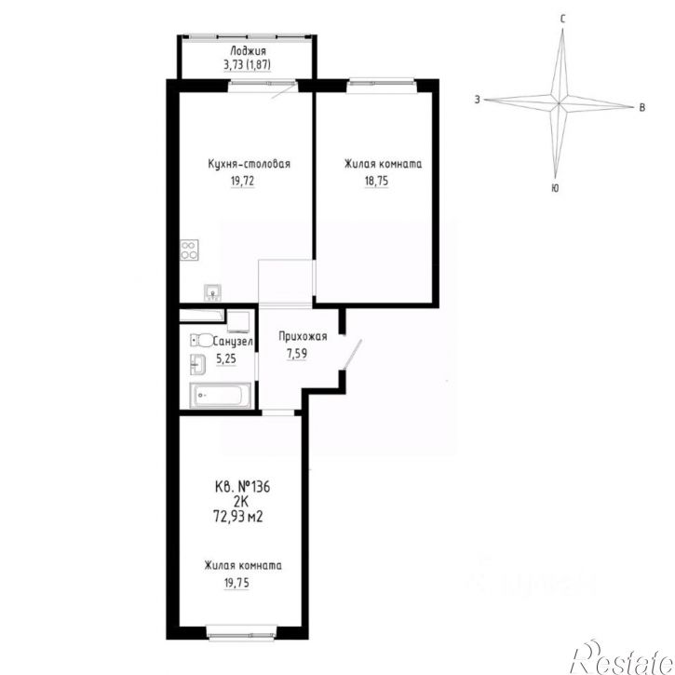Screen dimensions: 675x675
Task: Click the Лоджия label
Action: click(248, 51)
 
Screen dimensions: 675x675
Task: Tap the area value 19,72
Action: click(242, 181)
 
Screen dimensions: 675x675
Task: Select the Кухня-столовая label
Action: click(249, 164)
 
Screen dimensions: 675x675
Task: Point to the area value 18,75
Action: click(376, 181)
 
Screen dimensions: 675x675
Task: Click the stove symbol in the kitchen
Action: click(189, 250)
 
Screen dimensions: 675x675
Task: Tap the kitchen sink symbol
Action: click(212, 292)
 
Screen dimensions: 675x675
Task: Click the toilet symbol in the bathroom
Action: click(202, 341)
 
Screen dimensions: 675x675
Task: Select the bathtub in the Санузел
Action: click(220, 395)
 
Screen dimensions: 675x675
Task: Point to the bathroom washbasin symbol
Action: click(198, 364)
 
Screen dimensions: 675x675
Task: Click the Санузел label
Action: click(233, 342)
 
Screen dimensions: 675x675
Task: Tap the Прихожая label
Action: click(303, 336)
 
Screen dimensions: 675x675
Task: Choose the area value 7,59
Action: click(297, 354)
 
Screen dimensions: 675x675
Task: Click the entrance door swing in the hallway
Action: click(352, 355)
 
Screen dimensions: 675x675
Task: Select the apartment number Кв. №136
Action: click(242, 487)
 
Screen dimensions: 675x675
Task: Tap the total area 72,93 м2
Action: click(238, 515)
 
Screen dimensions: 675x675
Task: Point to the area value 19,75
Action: click(236, 583)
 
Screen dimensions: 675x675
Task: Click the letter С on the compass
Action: click(562, 19)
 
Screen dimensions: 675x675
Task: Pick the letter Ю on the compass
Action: click(555, 188)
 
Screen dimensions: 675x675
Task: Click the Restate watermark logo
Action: click(622, 657)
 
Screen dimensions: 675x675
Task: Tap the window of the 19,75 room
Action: click(241, 632)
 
